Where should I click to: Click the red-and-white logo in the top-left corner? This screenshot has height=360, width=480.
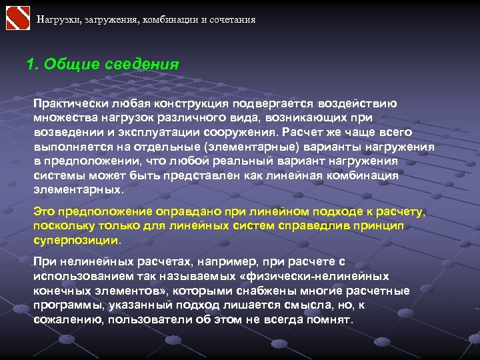pyautogui.click(x=18, y=18)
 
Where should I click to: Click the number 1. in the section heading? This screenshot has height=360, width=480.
pyautogui.click(x=32, y=65)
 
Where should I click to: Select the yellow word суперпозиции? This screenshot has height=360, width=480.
pyautogui.click(x=77, y=240)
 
